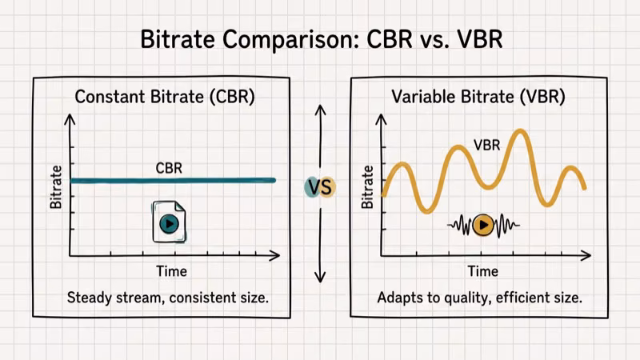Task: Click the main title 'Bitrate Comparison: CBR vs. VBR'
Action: [x=321, y=38]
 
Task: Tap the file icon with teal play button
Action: [x=168, y=222]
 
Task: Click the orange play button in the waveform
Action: [x=482, y=226]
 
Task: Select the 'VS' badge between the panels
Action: [x=320, y=187]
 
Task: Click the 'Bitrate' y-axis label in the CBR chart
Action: [x=56, y=186]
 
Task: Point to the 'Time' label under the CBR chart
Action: [x=171, y=271]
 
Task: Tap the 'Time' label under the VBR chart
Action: [x=482, y=271]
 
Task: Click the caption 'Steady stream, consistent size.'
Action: [x=167, y=298]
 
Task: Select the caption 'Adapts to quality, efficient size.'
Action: [x=479, y=298]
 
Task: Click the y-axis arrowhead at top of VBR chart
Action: [x=381, y=118]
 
